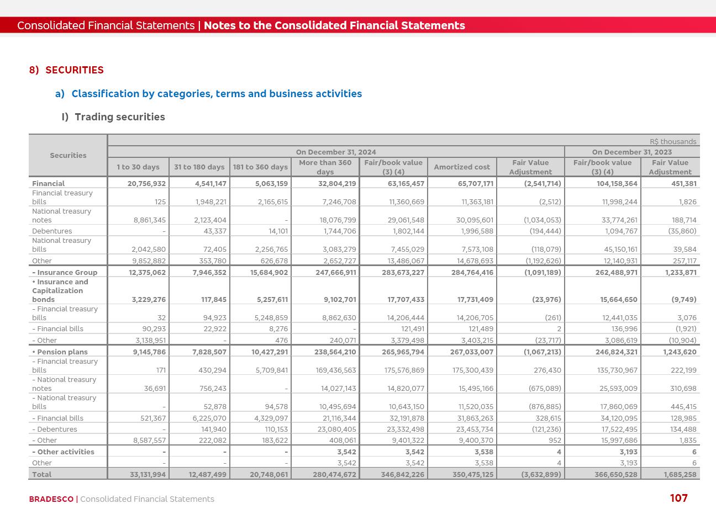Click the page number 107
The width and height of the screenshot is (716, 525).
point(678,498)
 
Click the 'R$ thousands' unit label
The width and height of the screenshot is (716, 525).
point(673,142)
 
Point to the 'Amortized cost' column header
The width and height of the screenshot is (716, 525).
point(462,167)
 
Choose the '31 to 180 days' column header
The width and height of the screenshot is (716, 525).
point(199,167)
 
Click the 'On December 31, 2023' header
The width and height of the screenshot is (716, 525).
point(632,152)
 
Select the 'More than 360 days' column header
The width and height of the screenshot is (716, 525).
point(325,167)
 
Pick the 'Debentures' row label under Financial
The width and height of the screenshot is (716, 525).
point(52,231)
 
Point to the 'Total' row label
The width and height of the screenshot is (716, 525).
point(42,474)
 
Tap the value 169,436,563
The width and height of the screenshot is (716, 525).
point(332,370)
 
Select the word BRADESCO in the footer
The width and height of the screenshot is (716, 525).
point(51,499)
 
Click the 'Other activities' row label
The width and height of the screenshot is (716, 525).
point(63,452)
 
